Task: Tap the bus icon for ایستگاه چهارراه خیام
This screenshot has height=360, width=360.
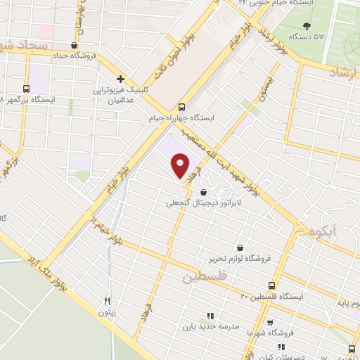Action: pos(182,108)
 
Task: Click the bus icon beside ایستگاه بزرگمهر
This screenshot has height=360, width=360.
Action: pos(27,89)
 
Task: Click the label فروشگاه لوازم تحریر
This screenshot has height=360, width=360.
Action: pos(238,259)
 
